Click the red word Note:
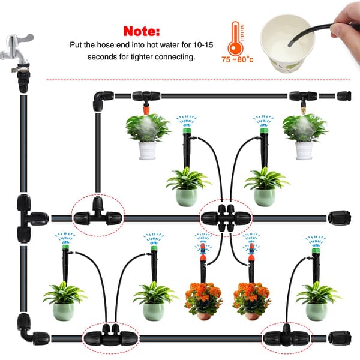coord(142,31)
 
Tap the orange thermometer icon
coord(236,38)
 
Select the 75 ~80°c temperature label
coord(238,59)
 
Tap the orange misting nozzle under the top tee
coord(146,108)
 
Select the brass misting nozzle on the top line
coord(303,107)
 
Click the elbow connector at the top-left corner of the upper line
coord(103,100)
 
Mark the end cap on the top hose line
coord(344,96)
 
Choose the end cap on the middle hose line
coord(339,218)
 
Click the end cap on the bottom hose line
coord(340,338)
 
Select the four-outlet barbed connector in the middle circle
coord(226,218)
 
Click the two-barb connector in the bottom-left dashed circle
coord(110,337)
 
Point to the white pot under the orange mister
coord(147,151)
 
